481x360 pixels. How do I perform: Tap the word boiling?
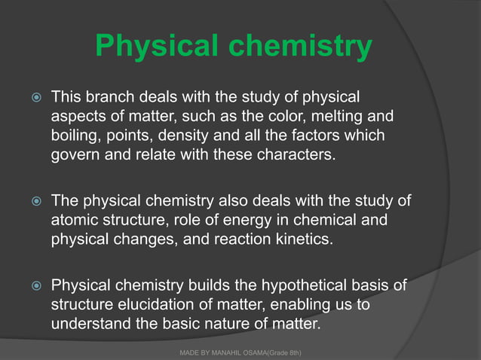coord(76,137)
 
